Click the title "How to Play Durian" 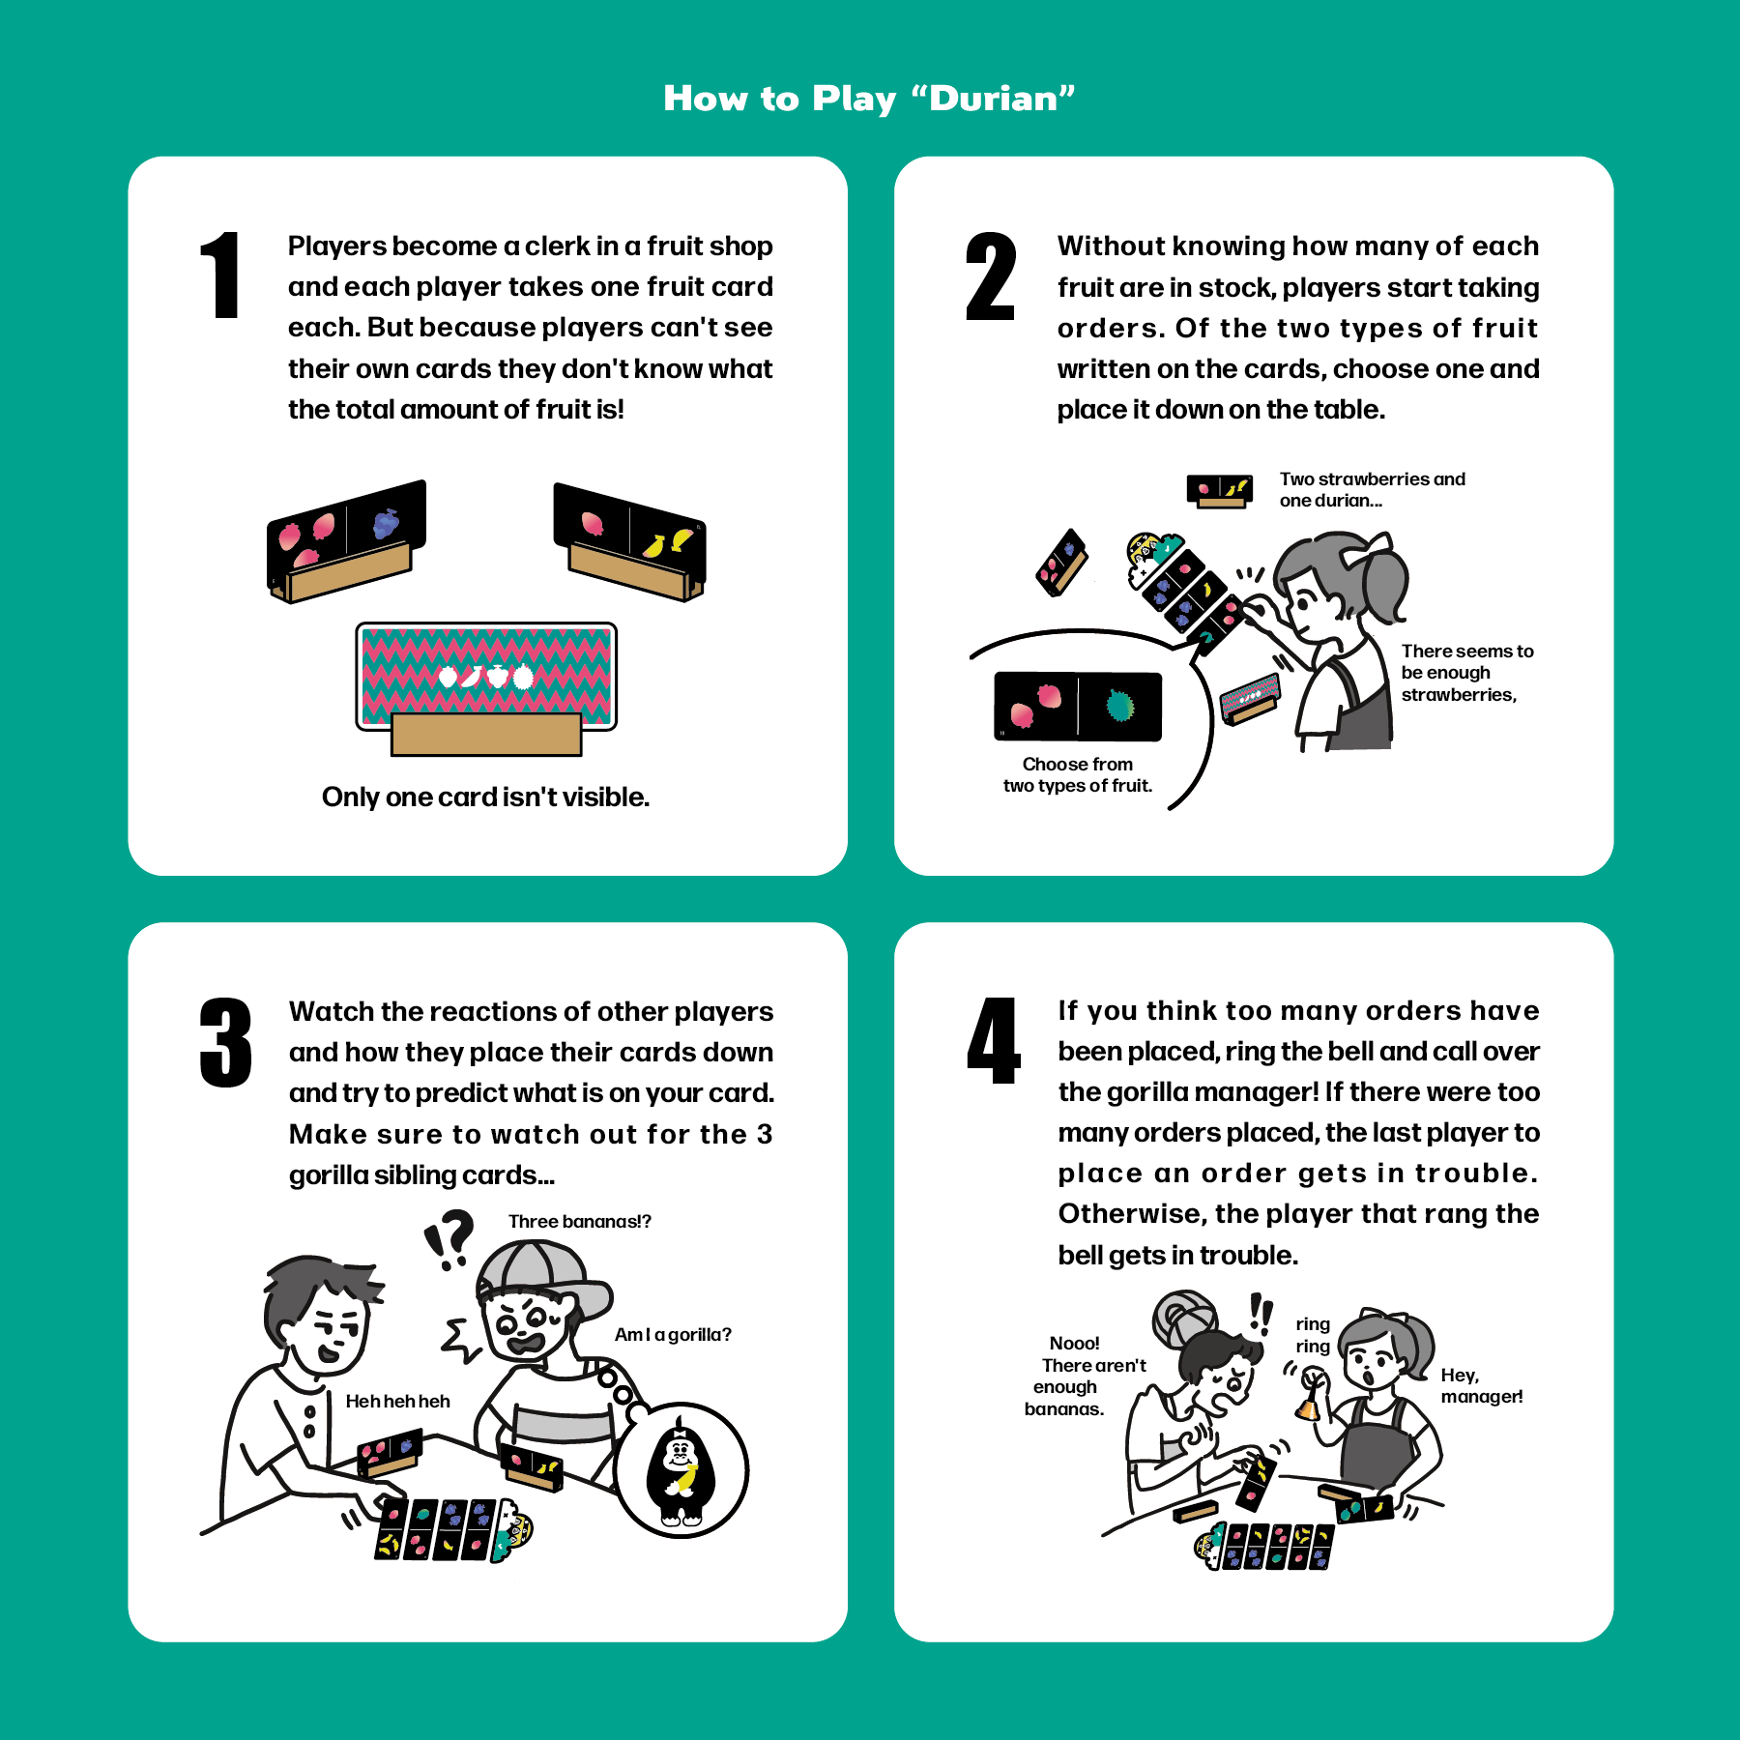tap(869, 99)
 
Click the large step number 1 tap(221, 275)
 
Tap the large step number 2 tap(991, 276)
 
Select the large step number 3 tap(225, 1042)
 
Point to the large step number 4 tap(994, 1041)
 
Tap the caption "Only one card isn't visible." tap(485, 797)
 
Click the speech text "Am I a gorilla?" tap(673, 1335)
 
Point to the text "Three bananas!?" tap(580, 1222)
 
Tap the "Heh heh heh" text tap(398, 1402)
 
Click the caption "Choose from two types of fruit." tap(1078, 775)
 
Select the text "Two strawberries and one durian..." tap(1373, 490)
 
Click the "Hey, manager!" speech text tap(1482, 1386)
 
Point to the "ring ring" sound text tap(1313, 1335)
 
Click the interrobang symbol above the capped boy tap(449, 1238)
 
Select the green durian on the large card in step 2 tap(1119, 705)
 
